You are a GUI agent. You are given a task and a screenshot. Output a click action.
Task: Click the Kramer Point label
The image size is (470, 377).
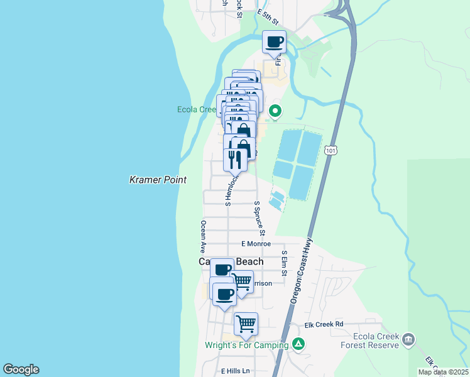[158, 180]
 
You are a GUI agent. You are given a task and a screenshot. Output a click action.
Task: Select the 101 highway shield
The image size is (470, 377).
[331, 151]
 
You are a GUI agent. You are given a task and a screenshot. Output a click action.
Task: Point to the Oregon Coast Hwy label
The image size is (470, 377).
[301, 274]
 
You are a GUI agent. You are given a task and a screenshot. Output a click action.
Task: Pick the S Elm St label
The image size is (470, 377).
[284, 263]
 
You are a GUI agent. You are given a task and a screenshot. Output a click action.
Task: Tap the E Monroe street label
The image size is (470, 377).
[256, 244]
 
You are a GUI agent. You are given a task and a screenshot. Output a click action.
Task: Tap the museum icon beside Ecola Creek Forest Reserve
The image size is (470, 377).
[409, 340]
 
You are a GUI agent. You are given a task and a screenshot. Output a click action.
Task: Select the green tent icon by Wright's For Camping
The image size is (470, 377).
[299, 344]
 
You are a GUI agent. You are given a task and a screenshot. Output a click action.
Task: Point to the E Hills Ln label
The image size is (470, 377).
[235, 371]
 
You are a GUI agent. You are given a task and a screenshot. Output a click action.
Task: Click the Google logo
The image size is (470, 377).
[21, 369]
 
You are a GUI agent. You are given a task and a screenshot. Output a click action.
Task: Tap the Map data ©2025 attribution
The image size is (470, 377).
[442, 372]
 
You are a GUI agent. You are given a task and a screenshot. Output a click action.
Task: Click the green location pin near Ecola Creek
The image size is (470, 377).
[275, 112]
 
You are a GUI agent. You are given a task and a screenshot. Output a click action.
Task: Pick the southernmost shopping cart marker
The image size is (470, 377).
[246, 324]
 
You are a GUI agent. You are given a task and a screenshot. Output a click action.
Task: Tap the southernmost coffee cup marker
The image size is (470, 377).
[224, 294]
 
